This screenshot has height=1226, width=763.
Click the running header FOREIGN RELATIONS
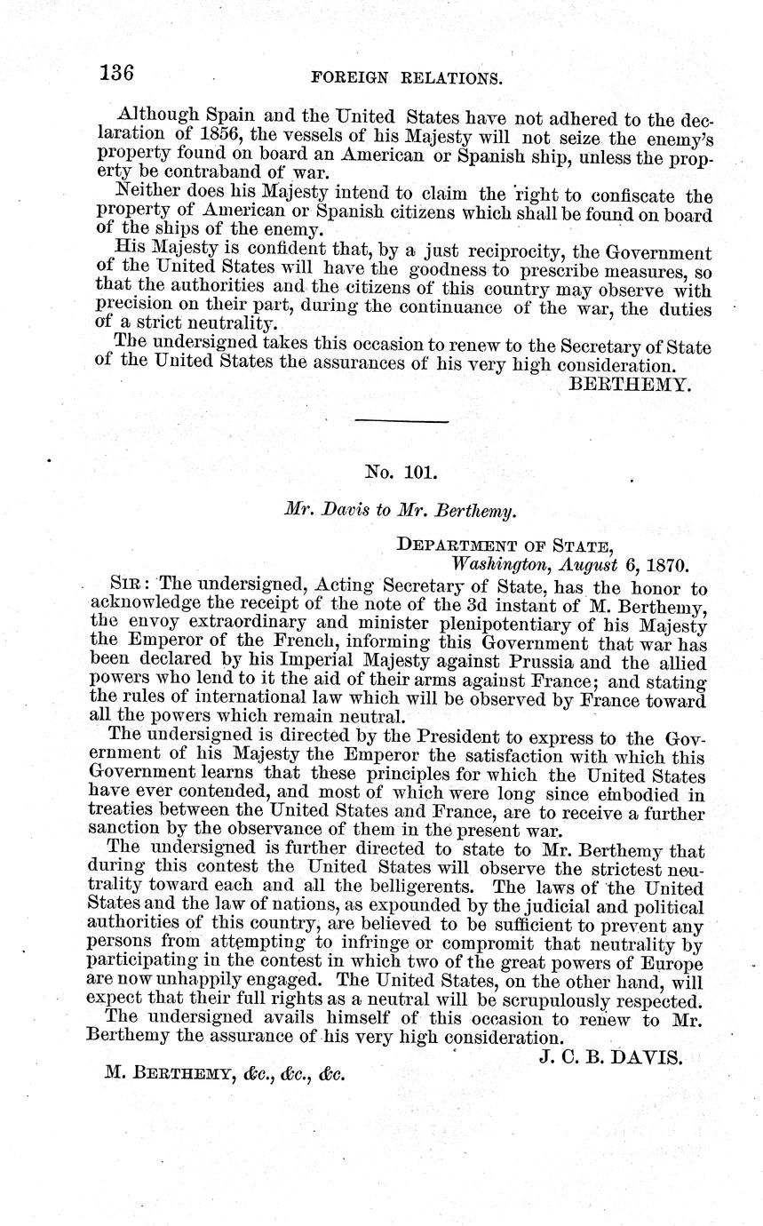click(x=409, y=78)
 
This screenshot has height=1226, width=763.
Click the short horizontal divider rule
click(x=401, y=421)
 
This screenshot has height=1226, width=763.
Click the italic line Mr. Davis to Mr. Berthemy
click(x=400, y=511)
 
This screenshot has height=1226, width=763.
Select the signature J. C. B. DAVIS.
click(x=609, y=1057)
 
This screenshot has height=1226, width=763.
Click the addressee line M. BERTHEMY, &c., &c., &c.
click(x=224, y=1073)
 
